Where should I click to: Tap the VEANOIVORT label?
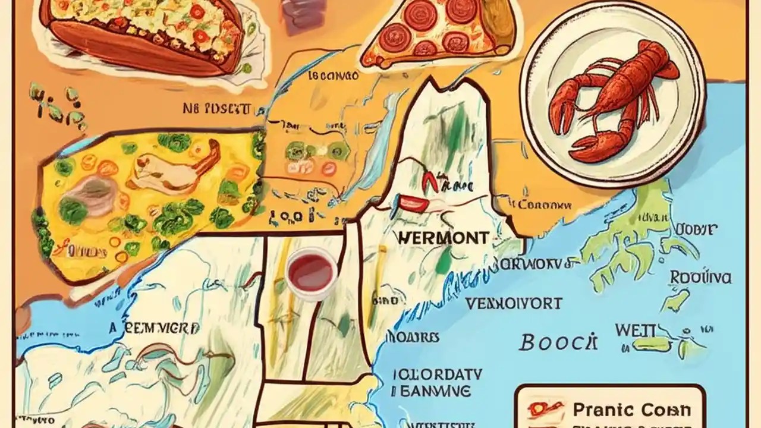(513, 304)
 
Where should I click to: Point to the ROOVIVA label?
(700, 278)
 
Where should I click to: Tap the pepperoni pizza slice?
(440, 33)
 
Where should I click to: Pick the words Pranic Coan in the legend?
(631, 410)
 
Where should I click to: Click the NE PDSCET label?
(217, 109)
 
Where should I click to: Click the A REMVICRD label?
(154, 329)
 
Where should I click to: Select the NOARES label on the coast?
(416, 338)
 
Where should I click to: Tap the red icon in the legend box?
(543, 410)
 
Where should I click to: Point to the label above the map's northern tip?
(333, 76)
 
